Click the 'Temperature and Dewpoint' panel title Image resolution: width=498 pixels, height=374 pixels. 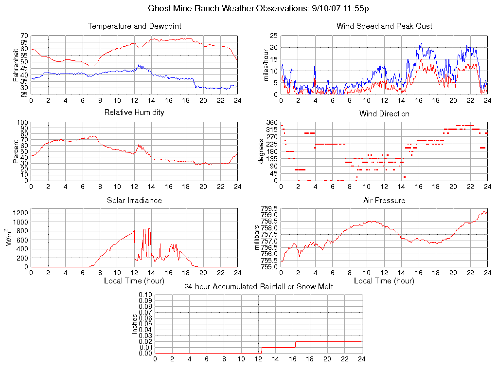134,26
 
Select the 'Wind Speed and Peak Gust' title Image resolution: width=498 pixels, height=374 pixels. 384,26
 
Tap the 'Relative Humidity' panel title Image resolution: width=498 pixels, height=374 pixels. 134,112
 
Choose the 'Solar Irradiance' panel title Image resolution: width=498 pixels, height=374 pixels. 134,200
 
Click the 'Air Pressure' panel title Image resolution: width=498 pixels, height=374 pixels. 384,200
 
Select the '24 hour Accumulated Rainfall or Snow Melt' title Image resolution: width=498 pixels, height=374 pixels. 259,287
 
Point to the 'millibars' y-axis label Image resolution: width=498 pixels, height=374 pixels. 258,238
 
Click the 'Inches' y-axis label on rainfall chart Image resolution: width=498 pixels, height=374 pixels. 135,324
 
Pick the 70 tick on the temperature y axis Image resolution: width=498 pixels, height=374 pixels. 24,36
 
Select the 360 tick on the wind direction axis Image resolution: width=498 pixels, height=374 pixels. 271,123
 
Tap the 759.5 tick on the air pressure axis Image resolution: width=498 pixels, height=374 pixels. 269,208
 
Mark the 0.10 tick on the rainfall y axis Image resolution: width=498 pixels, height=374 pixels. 145,295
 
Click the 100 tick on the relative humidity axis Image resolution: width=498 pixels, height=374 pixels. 22,123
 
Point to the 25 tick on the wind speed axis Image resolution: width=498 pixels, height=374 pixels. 273,36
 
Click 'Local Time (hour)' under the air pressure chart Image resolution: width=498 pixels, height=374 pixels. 384,280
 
